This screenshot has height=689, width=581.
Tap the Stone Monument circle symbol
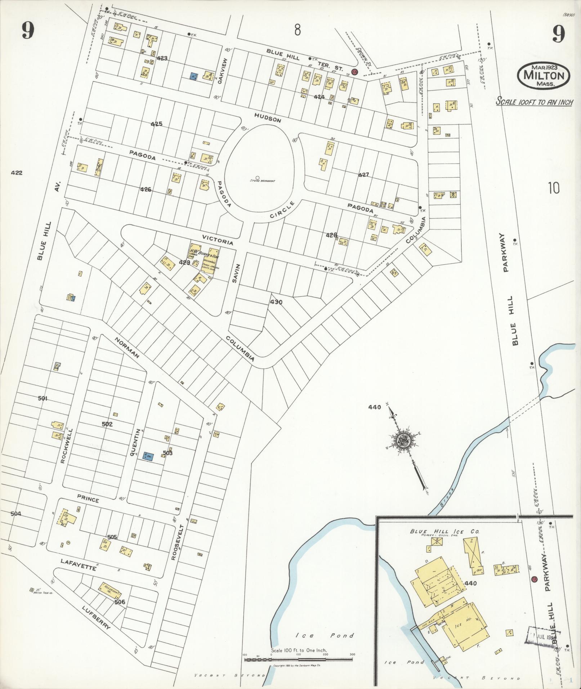258,177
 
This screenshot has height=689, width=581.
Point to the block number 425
156,124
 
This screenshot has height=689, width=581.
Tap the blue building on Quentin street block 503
148,456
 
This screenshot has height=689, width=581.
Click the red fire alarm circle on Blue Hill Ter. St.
354,72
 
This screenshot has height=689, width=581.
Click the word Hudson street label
267,117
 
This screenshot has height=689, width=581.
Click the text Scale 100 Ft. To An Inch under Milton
535,102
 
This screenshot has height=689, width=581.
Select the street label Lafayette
78,564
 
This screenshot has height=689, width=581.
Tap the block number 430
276,302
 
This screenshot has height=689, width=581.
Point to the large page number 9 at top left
27,31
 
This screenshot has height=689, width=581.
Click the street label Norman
127,348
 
